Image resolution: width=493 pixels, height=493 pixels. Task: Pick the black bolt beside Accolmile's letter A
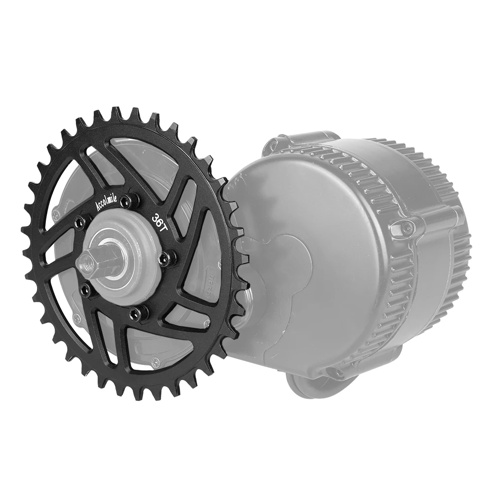[79, 224]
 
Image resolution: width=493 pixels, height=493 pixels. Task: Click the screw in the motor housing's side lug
[405, 227]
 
